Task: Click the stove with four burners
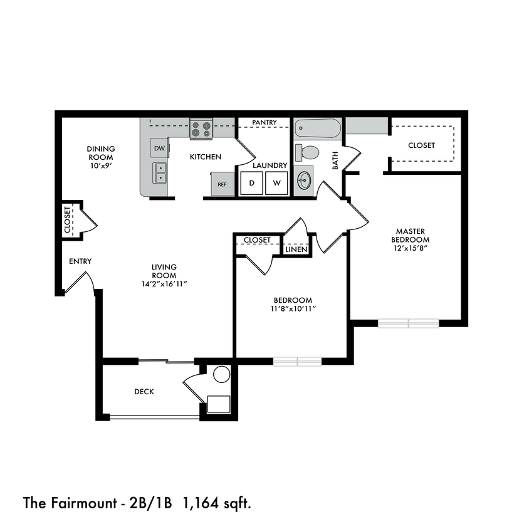pos(201,130)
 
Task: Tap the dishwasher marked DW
pos(159,149)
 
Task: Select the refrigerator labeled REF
pos(222,185)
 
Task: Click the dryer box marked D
pos(252,184)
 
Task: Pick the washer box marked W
pos(276,184)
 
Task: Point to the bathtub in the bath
pos(318,130)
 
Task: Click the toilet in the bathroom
pos(308,152)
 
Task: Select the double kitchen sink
pos(160,172)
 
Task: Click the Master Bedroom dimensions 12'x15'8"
pos(411,248)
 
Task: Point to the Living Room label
pos(164,271)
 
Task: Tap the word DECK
pos(144,392)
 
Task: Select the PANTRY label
pos(264,122)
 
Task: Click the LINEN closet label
pos(296,249)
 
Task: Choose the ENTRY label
pos(81,261)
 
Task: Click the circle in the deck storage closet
pos(221,375)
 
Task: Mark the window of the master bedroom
pos(409,323)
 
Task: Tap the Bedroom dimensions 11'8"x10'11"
pos(292,308)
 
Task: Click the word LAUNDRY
pos(270,165)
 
